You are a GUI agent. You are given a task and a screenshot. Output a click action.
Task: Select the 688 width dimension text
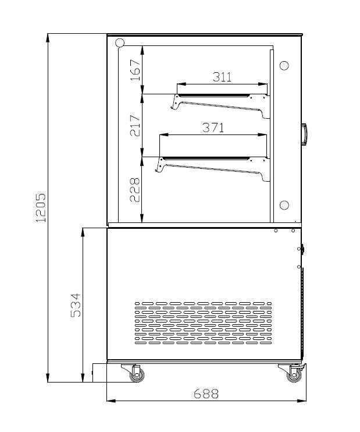(x=206, y=394)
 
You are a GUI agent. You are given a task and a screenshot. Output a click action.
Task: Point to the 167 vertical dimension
(x=135, y=70)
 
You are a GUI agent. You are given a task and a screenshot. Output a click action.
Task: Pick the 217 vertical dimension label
(x=135, y=125)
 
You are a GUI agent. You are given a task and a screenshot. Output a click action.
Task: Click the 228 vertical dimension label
(x=135, y=189)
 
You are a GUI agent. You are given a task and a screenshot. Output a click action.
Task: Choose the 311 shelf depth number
(x=222, y=77)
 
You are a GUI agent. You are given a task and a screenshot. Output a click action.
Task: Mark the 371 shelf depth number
(x=213, y=128)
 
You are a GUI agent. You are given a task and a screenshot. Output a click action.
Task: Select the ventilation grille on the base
(x=203, y=321)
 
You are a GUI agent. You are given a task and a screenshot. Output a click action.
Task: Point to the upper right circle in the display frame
(x=284, y=65)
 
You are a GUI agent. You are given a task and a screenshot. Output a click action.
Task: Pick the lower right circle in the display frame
(x=284, y=205)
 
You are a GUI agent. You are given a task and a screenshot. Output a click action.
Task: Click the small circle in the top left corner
(x=120, y=43)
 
